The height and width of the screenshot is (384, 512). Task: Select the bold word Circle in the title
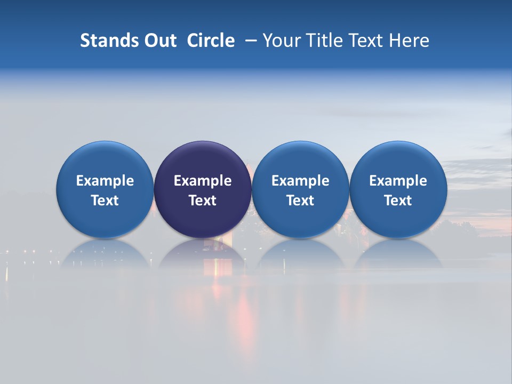click(x=211, y=41)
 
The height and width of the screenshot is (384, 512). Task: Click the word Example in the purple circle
click(x=203, y=181)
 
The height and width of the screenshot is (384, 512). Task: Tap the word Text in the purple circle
click(x=203, y=201)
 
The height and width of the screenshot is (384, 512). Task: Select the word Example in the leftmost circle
click(x=105, y=181)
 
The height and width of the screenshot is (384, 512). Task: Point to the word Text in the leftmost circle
click(x=105, y=201)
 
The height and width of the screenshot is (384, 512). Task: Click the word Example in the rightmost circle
click(x=398, y=181)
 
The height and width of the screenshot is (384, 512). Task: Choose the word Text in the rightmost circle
click(x=398, y=201)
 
